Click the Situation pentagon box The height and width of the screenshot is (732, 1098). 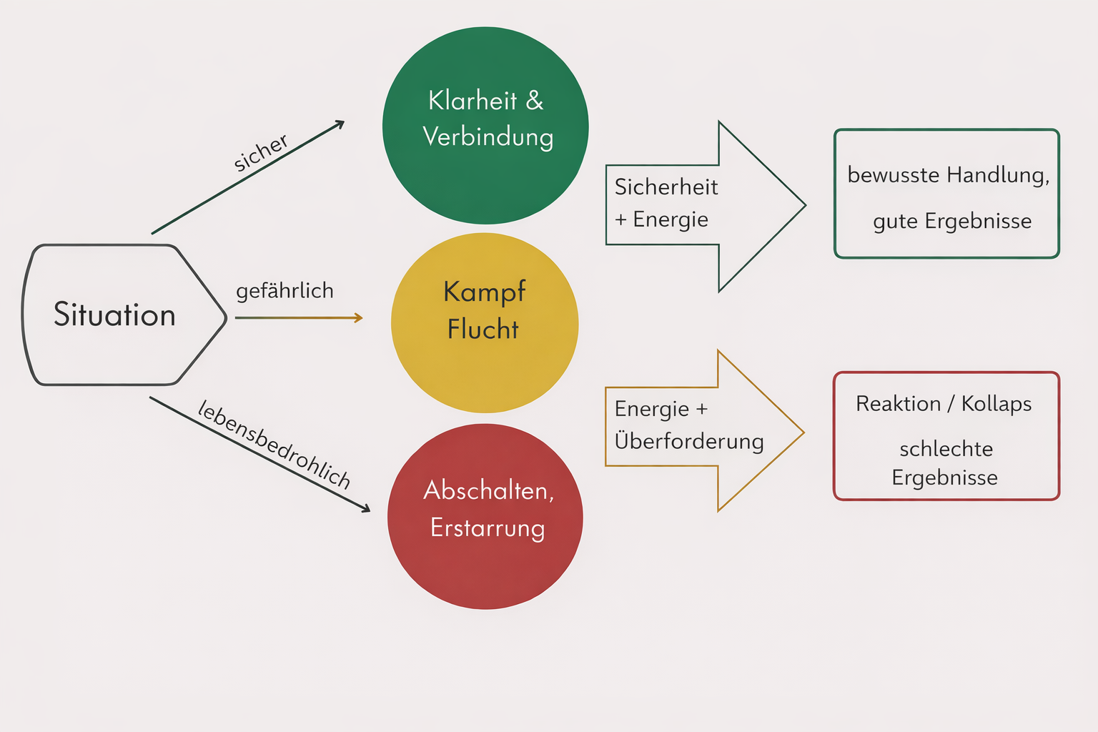(122, 315)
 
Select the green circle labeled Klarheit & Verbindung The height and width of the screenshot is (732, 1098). (485, 126)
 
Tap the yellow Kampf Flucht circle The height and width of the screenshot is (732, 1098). (485, 323)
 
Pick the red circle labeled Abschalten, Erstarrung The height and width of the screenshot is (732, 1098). (485, 516)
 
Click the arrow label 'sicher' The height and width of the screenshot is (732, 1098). (261, 152)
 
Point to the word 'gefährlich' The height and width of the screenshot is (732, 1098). (285, 291)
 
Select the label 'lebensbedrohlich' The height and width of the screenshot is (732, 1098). (274, 444)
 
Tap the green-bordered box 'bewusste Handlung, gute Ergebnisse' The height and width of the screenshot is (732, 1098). (946, 194)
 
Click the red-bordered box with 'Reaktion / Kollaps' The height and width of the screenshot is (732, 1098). (946, 435)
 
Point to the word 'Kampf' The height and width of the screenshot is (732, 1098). (484, 292)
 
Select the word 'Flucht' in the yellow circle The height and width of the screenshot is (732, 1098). (483, 330)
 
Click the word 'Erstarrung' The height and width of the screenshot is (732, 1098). (488, 528)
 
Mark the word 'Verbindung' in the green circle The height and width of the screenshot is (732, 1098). (488, 137)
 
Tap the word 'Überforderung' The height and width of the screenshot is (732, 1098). (689, 441)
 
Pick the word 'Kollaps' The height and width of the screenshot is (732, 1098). (996, 404)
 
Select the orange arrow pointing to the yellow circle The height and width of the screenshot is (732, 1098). (298, 318)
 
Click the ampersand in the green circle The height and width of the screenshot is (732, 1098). (535, 101)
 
